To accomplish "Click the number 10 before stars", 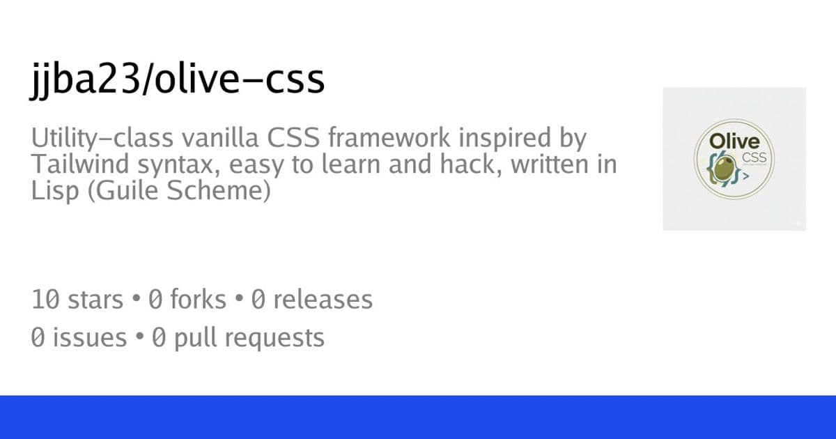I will (x=46, y=300).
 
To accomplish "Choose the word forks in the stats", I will (x=198, y=300).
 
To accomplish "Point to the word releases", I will (x=323, y=300).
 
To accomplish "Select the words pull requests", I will (x=249, y=339).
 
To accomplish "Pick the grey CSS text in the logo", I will (x=754, y=157).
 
